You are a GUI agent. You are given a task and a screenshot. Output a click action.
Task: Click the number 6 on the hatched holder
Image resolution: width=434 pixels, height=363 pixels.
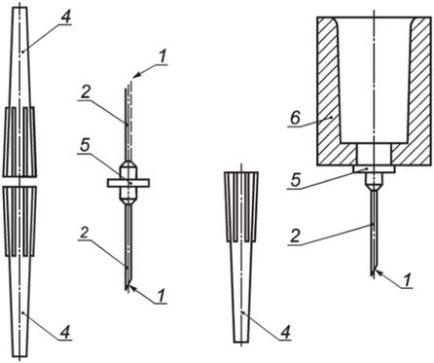295,119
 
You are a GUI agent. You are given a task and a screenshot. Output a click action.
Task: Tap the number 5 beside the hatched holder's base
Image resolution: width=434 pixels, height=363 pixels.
296,180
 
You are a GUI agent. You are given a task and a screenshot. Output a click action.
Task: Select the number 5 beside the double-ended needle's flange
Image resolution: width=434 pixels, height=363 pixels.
85,147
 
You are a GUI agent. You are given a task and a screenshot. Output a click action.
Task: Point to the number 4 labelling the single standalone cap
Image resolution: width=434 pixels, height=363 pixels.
285,332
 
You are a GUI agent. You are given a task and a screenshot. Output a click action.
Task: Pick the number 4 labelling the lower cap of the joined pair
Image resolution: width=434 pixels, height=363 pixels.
66,332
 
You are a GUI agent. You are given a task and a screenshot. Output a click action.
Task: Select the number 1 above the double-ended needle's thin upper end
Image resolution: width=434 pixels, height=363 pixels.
163,56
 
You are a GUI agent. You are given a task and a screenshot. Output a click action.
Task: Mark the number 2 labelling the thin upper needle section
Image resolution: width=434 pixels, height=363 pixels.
85,93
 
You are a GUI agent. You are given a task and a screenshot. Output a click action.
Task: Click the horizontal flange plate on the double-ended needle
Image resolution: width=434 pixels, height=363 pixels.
128,183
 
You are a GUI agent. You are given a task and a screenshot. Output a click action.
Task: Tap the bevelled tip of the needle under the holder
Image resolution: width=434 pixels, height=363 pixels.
374,272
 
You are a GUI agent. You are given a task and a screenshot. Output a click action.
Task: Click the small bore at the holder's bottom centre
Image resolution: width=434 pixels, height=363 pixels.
374,155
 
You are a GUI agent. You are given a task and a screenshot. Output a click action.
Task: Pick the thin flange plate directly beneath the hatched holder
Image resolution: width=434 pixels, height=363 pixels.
374,169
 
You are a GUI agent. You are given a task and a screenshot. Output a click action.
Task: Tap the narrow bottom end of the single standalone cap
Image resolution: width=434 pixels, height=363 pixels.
241,342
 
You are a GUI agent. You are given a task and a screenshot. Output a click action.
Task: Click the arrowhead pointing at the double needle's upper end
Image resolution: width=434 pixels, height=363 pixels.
136,75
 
